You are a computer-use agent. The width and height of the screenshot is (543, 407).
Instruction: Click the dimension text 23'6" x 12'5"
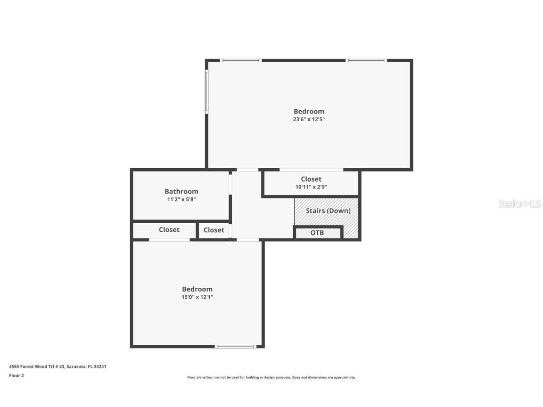click(309, 120)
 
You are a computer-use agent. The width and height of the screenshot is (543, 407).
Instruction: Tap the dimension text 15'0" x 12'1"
click(197, 297)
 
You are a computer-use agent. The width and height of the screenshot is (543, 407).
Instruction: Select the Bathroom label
click(181, 191)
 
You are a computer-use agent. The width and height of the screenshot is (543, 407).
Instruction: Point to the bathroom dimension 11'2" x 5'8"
click(181, 199)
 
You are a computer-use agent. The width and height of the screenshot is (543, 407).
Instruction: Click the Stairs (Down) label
click(328, 211)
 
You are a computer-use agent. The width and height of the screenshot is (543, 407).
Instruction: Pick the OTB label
click(317, 233)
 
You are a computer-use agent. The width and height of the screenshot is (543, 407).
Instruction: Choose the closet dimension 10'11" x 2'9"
click(311, 187)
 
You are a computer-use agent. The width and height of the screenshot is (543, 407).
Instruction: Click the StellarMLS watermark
click(519, 203)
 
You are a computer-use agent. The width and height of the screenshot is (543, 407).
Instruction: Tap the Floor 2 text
click(16, 375)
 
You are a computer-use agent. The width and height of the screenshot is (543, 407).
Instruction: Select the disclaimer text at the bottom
click(271, 377)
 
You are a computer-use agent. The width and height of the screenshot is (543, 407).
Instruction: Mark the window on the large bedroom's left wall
click(206, 92)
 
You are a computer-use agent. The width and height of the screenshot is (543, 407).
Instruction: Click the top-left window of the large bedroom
click(240, 60)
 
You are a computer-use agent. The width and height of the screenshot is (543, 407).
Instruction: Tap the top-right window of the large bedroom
click(366, 60)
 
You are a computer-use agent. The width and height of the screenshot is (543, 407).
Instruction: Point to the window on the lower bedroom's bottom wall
click(235, 347)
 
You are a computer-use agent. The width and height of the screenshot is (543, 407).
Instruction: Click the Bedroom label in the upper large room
click(309, 112)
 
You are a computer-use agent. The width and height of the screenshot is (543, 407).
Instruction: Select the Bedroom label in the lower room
click(197, 289)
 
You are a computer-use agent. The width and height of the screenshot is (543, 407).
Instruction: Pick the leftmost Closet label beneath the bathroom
click(169, 230)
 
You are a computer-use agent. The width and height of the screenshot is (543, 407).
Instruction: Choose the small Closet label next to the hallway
click(214, 230)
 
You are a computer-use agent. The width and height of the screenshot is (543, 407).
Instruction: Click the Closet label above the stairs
click(311, 179)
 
